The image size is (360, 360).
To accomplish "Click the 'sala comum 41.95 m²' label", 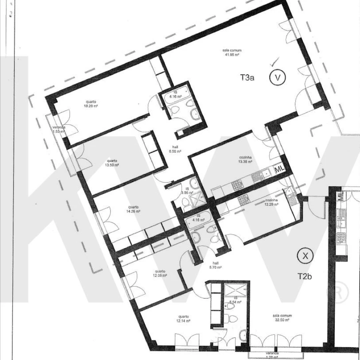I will tap(232, 52).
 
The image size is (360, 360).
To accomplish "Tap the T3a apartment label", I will tap(247, 78).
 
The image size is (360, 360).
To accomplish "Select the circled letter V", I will tap(277, 78).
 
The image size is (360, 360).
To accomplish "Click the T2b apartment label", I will tap(304, 276).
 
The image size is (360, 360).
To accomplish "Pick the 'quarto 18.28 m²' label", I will tap(91, 104).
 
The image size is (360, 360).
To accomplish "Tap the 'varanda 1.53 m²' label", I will tap(59, 129).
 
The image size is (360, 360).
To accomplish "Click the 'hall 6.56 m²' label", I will tap(175, 149).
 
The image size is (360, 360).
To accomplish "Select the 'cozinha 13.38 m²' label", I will tap(245, 159).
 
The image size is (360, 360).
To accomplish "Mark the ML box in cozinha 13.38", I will tap(280, 169).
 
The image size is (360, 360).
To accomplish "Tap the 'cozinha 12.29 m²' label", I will tap(271, 203).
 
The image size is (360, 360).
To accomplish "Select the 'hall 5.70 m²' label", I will tap(216, 265).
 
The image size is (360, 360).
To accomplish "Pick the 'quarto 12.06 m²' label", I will tap(160, 273).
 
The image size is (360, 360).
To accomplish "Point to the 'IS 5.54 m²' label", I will tap(236, 300).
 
